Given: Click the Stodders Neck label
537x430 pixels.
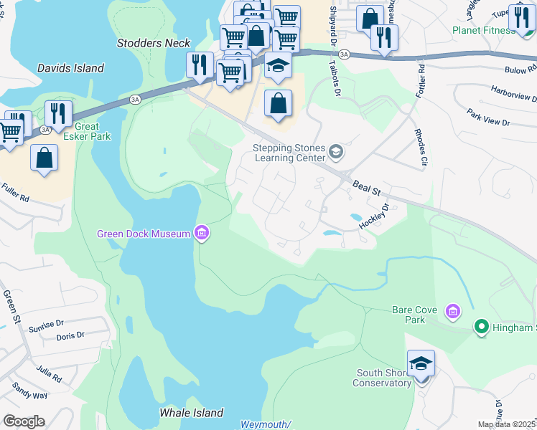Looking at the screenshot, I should click(154, 43).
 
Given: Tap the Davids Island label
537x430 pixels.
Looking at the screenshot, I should click(71, 68).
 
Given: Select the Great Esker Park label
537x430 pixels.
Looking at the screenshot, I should click(87, 131).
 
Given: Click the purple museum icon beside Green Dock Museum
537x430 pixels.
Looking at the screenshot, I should click(202, 234).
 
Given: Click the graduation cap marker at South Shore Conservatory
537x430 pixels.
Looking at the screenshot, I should click(421, 363).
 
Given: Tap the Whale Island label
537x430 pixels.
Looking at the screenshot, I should click(190, 413).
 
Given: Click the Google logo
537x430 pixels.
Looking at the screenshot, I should click(24, 421).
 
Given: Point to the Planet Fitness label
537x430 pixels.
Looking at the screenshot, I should click(482, 30).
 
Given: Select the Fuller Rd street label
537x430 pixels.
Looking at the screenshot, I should click(14, 193).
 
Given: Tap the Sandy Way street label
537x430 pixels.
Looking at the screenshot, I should click(29, 391).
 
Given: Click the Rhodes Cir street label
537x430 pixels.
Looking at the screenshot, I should click(420, 145).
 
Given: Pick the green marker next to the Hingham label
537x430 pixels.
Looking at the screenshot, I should click(481, 328).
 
